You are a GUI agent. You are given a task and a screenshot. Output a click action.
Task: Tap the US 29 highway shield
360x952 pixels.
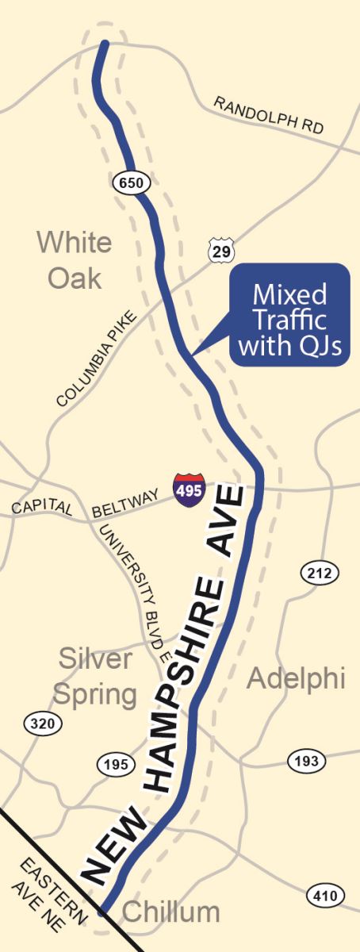coord(220,249)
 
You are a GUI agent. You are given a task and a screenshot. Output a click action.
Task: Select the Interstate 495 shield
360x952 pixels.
coord(190,487)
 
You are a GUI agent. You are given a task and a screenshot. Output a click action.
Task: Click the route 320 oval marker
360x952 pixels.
coord(40,723)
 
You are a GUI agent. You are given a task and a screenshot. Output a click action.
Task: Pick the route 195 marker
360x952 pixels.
coord(114,764)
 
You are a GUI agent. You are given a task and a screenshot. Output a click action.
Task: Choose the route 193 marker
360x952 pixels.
coord(306,761)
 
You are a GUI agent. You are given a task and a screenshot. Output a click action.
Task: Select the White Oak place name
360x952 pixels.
coord(75,259)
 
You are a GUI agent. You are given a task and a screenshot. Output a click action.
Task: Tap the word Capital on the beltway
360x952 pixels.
coord(42,508)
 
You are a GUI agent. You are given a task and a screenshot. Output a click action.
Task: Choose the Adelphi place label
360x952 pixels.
coord(296,678)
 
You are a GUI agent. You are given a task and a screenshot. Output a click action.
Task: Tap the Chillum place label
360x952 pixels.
coord(171,912)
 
